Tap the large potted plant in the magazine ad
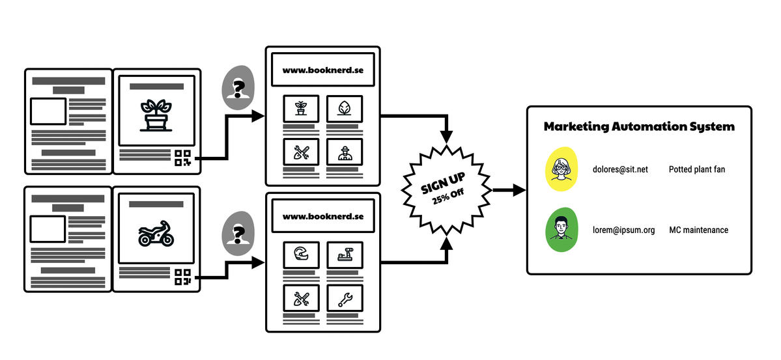click(x=156, y=115)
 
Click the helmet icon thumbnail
click(x=301, y=255)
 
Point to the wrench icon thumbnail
click(x=345, y=298)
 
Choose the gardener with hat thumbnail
click(x=345, y=152)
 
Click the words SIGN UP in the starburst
click(x=443, y=183)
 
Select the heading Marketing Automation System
click(x=638, y=127)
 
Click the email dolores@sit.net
click(x=620, y=170)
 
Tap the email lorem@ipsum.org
click(x=623, y=230)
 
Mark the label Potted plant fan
click(x=696, y=170)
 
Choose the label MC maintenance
click(x=698, y=230)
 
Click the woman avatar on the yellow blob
click(x=561, y=169)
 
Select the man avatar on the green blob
click(x=561, y=230)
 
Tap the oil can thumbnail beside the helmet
click(x=345, y=255)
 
